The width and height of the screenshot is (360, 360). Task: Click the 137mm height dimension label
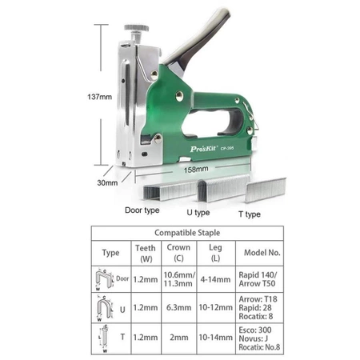99,97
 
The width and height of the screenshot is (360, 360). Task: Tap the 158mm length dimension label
196,170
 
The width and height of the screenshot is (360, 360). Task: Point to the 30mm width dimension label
107,183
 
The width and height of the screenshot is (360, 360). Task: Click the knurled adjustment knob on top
136,28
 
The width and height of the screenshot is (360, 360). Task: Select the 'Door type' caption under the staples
142,210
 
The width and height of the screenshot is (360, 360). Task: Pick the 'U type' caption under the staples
198,213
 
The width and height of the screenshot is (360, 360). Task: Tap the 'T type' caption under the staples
250,214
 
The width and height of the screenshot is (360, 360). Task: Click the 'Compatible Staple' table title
187,233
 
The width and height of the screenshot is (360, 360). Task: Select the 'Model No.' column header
262,253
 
